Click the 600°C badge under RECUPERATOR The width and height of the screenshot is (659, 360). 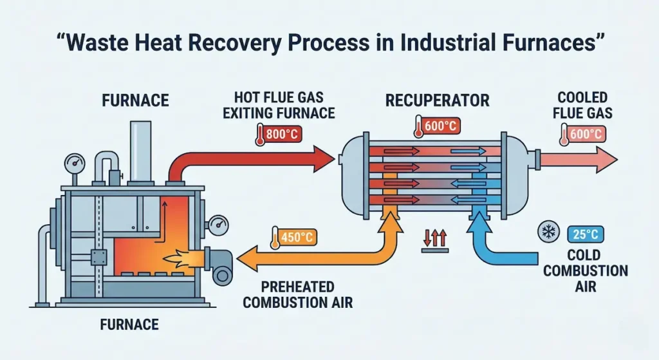(x=438, y=127)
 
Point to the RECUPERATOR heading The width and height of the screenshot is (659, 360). (x=437, y=100)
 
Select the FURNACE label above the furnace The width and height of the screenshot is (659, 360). (x=135, y=100)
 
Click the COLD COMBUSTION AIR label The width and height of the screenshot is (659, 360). (x=585, y=270)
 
